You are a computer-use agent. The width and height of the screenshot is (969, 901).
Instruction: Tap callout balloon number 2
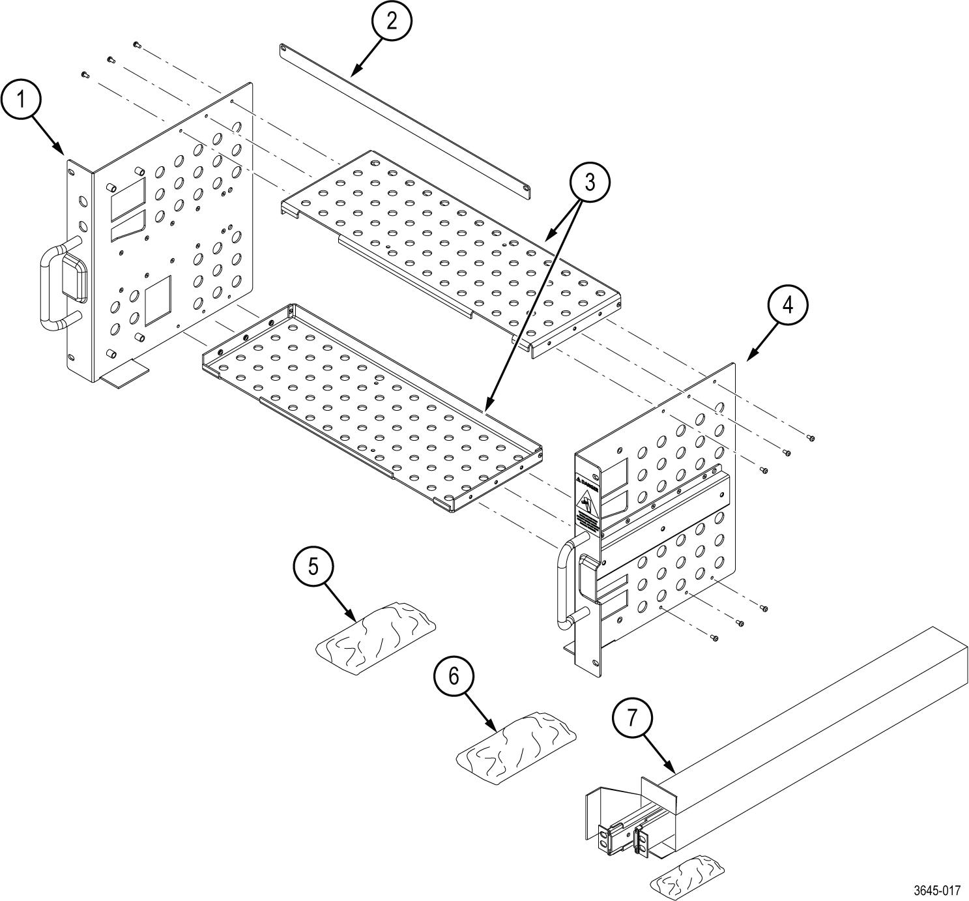coord(391,21)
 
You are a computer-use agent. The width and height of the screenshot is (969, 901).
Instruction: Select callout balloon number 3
coord(590,183)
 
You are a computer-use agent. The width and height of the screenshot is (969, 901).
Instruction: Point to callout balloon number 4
coord(788,304)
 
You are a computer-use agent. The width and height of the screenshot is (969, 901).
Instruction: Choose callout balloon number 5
coord(313,567)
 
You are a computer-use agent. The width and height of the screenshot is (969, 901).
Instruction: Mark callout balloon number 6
coord(454,676)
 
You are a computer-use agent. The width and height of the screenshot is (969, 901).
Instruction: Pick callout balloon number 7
coord(632,718)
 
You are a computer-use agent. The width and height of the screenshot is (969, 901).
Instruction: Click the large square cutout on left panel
coord(158,300)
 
